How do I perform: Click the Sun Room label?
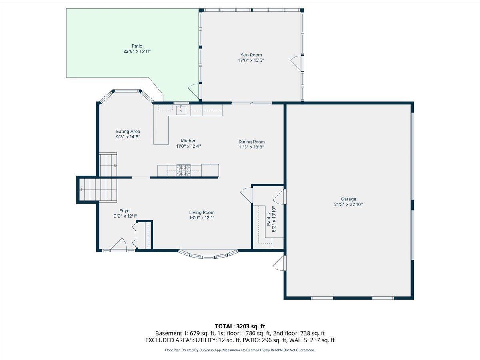pos(251,55)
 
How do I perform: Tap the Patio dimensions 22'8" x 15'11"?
pos(137,51)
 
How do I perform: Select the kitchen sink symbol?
pos(182,110)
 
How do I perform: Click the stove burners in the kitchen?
pos(184,170)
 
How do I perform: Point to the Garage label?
pos(348,199)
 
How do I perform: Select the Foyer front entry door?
pos(118,245)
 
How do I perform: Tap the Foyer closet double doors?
pos(135,236)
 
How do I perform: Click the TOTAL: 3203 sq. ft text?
pos(240,326)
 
